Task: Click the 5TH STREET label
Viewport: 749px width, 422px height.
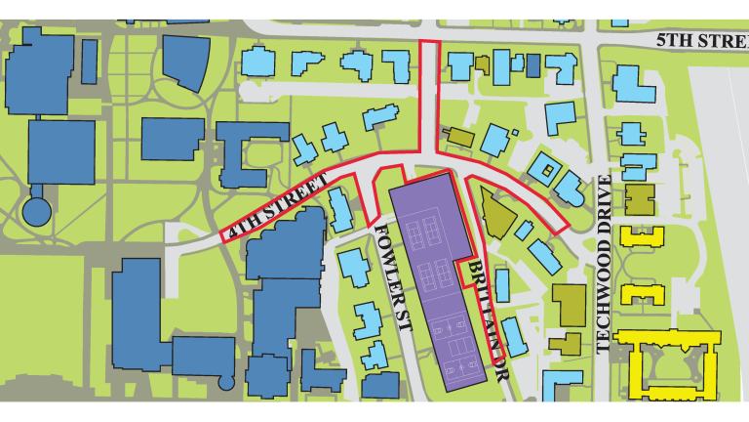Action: pos(700,42)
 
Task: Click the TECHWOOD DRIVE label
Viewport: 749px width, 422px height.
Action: pos(603,264)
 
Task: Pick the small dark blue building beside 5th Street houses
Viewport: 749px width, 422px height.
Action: pos(532,66)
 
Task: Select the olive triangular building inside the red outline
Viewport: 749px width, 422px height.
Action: pos(495,215)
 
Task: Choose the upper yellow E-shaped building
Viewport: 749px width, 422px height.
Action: pos(644,236)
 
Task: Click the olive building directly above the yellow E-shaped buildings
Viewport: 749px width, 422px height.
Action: pos(640,199)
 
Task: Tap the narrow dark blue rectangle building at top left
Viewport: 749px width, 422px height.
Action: pos(89,62)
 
